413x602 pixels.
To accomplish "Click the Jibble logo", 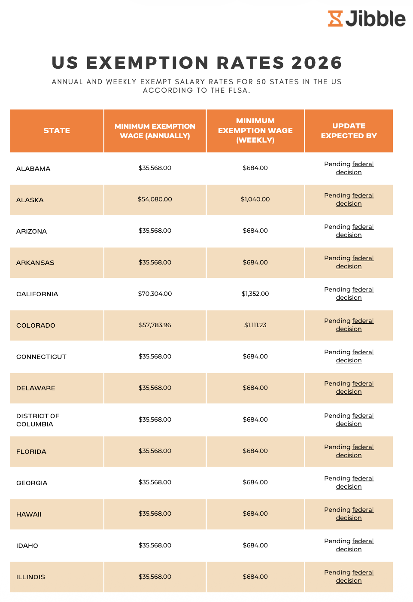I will tap(367, 18).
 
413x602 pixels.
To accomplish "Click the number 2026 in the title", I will tap(316, 63).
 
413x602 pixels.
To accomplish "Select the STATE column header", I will tap(57, 131).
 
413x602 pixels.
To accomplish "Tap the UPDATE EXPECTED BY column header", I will tap(349, 131).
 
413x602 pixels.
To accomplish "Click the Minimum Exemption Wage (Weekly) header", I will tap(255, 131).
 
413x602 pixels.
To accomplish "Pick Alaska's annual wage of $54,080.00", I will tap(155, 199).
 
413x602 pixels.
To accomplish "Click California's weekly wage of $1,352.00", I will tap(255, 294).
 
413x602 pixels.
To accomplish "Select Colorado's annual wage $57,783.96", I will tap(155, 325).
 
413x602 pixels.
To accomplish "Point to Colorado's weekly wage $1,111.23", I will tap(255, 325).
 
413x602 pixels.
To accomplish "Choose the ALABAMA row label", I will tap(33, 169).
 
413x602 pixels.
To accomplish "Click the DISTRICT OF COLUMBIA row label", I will tap(38, 420).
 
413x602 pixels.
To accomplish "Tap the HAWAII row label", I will tap(29, 514).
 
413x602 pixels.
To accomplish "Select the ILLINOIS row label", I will tap(30, 577).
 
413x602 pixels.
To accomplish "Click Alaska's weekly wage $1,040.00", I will tap(255, 199).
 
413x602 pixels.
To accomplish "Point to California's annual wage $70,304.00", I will tap(155, 294).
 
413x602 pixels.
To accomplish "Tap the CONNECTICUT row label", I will tap(41, 357).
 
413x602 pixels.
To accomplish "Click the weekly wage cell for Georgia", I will tap(255, 482).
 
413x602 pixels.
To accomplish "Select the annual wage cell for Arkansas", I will tap(155, 262).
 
